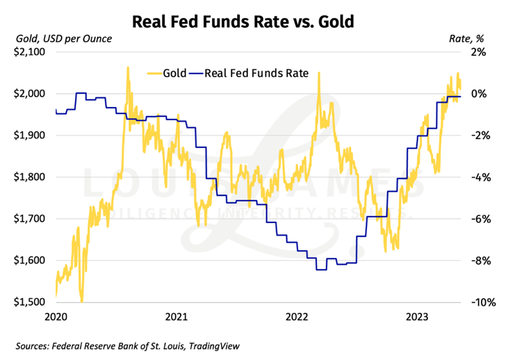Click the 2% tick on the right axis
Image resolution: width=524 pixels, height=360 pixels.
480,52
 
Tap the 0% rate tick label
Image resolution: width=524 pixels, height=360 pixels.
480,94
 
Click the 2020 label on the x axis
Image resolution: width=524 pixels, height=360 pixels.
55,317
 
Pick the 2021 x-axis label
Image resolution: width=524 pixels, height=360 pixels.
177,317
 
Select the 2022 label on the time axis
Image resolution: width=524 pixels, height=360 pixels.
297,317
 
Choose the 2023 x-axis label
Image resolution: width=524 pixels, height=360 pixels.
418,317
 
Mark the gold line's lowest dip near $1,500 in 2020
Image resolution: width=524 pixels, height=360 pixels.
82,301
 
